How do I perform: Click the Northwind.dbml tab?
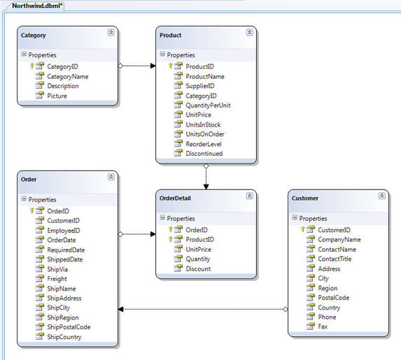pyautogui.click(x=37, y=6)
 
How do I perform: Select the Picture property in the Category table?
pyautogui.click(x=57, y=96)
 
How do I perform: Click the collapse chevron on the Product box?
pyautogui.click(x=249, y=32)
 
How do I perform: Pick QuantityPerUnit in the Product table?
pyautogui.click(x=208, y=106)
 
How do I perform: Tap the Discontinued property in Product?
pyautogui.click(x=204, y=154)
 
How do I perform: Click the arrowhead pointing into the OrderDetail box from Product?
pyautogui.click(x=206, y=187)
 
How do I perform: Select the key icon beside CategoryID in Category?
pyautogui.click(x=31, y=66)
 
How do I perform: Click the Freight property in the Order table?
pyautogui.click(x=57, y=279)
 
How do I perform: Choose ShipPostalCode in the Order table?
pyautogui.click(x=69, y=326)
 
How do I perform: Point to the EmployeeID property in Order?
pyautogui.click(x=64, y=231)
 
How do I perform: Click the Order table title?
pyautogui.click(x=29, y=180)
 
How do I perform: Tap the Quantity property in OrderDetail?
pyautogui.click(x=197, y=259)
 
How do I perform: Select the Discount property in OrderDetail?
pyautogui.click(x=198, y=269)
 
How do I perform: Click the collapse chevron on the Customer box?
pyautogui.click(x=381, y=196)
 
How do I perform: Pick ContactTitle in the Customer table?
pyautogui.click(x=335, y=259)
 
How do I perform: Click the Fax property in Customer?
pyautogui.click(x=323, y=326)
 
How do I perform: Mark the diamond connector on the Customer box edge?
pyautogui.click(x=285, y=310)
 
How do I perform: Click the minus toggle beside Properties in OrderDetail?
pyautogui.click(x=162, y=217)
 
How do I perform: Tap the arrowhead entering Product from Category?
pyautogui.click(x=153, y=66)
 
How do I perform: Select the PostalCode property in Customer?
pyautogui.click(x=334, y=298)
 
